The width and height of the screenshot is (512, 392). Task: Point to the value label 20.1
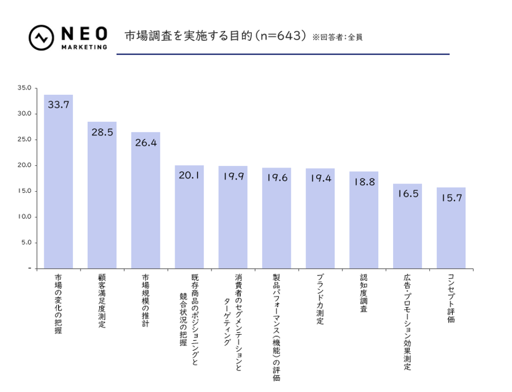tap(189, 176)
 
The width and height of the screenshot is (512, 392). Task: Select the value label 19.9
tap(233, 176)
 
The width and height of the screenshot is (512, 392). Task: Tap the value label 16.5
tap(407, 194)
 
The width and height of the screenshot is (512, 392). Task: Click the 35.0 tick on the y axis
tap(24, 88)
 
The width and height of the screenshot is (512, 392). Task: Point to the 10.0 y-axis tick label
tap(24, 217)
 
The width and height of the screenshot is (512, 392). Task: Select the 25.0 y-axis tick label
tap(24, 139)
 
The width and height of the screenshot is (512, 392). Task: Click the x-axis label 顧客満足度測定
tap(102, 301)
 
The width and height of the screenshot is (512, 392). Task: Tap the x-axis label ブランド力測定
tap(320, 298)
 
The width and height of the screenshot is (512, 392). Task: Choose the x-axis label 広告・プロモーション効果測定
tap(407, 321)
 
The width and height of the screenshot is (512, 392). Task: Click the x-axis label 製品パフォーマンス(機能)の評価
tap(276, 327)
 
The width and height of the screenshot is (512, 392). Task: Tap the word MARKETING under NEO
tap(84, 47)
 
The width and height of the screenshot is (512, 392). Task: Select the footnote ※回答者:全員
tap(338, 37)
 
